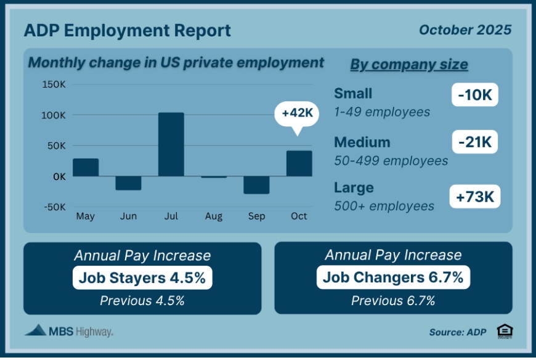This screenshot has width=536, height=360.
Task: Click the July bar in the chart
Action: pos(171,144)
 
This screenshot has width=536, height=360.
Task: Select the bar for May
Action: pos(86,167)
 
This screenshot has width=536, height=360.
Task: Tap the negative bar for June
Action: pos(128,182)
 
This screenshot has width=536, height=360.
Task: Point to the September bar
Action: pos(256,184)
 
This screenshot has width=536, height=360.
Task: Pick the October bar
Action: pos(299,163)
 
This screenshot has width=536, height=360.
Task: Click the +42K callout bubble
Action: pos(298,114)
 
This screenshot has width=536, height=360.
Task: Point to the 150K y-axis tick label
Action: pos(54,84)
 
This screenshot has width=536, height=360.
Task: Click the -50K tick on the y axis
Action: pos(54,207)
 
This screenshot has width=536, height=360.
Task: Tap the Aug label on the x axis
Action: pos(213,216)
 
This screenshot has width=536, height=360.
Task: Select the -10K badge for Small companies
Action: pos(474,96)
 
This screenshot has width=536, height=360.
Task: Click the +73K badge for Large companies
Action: pos(474,196)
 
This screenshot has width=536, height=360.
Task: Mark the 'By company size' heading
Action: pos(408,65)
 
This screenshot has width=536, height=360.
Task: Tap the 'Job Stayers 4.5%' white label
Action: pos(142,277)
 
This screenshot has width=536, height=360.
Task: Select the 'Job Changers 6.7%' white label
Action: pos(393,277)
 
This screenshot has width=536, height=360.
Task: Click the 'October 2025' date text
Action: pos(465,30)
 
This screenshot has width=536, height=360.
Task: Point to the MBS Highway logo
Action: pos(68,331)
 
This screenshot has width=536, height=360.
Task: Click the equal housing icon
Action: pos(505,331)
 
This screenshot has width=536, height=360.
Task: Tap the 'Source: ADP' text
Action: pos(457,332)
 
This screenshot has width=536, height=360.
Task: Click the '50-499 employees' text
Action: pos(391,161)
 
